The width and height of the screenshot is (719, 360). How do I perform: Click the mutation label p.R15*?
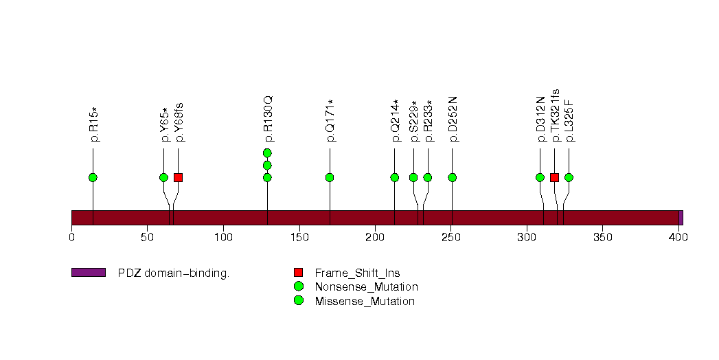[x=95, y=124]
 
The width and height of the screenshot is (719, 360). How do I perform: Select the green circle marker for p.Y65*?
[x=163, y=177]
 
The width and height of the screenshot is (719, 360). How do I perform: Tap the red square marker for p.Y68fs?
[x=179, y=177]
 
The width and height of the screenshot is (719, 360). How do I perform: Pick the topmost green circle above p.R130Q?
[x=267, y=153]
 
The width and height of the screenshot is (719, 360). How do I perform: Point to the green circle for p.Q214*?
[x=395, y=177]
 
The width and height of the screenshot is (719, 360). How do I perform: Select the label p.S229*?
[x=415, y=121]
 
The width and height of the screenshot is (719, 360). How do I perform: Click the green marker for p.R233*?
[x=428, y=177]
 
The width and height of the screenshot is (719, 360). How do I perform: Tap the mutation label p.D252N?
[x=453, y=119]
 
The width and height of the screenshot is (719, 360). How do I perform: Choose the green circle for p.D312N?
[x=540, y=177]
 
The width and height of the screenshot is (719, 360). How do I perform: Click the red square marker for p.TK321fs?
[x=554, y=177]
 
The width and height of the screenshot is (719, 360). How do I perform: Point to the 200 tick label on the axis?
[x=375, y=237]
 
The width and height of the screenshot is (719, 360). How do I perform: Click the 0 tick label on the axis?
[x=71, y=237]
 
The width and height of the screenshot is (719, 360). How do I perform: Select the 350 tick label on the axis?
[x=602, y=237]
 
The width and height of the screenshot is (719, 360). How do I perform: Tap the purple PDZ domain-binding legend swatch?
[x=89, y=273]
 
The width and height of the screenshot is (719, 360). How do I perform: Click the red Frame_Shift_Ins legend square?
[x=299, y=273]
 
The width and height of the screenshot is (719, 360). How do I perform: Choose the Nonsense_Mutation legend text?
[x=367, y=287]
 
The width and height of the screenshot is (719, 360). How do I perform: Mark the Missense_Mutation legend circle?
[x=299, y=301]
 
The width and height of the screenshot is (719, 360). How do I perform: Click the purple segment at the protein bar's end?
[x=681, y=218]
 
